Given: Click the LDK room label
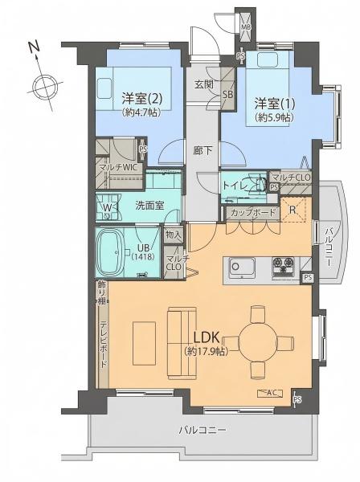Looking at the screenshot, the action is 207,337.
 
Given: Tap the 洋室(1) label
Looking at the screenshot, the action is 275,104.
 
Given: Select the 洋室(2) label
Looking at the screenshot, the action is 141,98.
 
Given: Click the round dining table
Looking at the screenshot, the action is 258,341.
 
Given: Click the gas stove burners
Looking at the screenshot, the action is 284,265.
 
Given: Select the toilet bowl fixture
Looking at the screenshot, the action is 260,185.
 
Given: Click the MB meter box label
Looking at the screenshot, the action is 246,27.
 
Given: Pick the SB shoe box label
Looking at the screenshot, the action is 227,94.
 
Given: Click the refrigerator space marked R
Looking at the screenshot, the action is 292,210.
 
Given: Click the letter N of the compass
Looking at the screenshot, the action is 35,47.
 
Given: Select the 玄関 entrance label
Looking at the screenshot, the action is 204,84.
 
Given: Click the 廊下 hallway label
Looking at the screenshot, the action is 202,150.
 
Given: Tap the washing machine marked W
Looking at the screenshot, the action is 108,207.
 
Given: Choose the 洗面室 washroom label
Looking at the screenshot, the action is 149,206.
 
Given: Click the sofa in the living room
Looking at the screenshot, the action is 182,343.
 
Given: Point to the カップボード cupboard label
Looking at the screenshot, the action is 254,213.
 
